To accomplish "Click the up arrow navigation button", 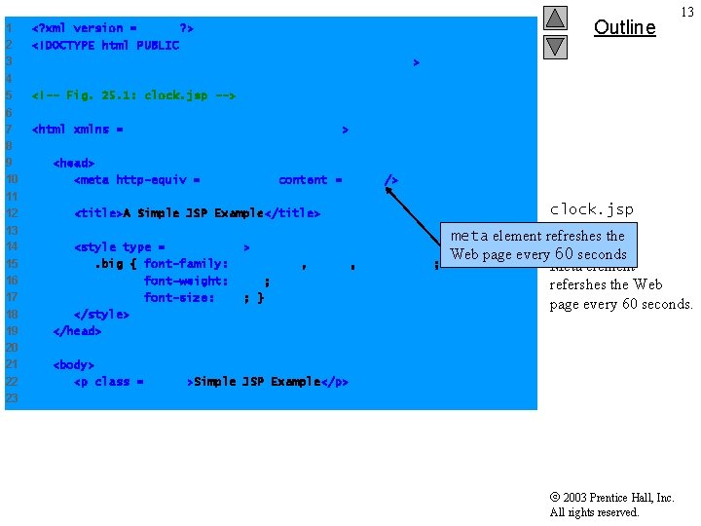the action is [x=555, y=19].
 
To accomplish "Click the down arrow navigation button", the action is [x=555, y=46].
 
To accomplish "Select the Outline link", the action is [x=624, y=27].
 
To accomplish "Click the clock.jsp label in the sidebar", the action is [x=591, y=209].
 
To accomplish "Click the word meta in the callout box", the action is [x=468, y=236].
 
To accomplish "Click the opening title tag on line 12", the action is [x=98, y=213].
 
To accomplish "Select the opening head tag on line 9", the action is [x=74, y=163].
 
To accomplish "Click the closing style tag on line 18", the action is [x=101, y=314].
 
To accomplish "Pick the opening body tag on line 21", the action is [x=74, y=364].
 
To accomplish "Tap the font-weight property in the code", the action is [x=186, y=281].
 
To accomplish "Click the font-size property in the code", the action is [x=179, y=297].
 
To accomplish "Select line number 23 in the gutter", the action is [x=12, y=398].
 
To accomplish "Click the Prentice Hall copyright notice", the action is [x=611, y=505].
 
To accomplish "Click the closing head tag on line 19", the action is [x=77, y=330].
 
